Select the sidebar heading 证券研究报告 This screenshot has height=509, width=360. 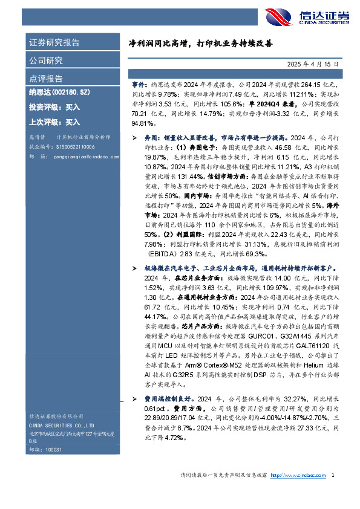(x=54, y=43)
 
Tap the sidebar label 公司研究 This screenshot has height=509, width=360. (x=46, y=60)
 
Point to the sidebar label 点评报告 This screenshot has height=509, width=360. (x=46, y=79)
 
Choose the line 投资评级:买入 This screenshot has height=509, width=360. (x=54, y=107)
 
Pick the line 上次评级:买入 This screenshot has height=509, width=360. (x=54, y=122)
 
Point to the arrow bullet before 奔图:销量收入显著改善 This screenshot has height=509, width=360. (x=134, y=138)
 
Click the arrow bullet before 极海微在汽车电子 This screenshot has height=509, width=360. (x=134, y=267)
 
